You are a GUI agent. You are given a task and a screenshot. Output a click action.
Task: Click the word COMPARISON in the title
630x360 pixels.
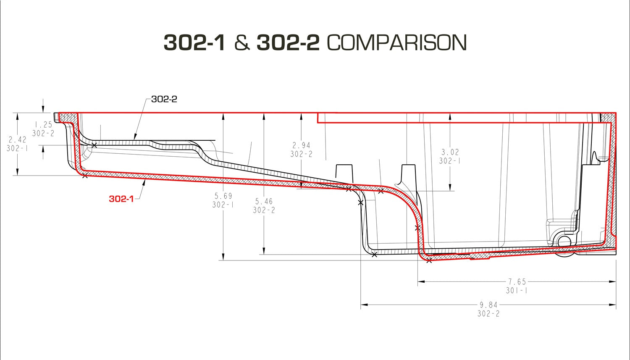click(x=396, y=43)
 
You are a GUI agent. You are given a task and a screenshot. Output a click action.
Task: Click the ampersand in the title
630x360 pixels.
click(x=241, y=43)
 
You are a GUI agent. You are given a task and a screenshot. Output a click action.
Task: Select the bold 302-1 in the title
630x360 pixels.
click(x=194, y=43)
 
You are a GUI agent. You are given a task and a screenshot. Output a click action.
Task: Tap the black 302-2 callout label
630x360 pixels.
click(x=164, y=99)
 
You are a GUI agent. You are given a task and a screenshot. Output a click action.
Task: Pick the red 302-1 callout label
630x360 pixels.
click(x=121, y=199)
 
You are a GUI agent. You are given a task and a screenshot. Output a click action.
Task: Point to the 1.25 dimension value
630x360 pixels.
click(x=43, y=125)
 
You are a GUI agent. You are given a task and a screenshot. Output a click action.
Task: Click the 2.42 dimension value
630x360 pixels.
click(x=17, y=139)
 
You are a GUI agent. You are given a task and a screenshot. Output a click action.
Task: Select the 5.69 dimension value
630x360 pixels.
click(x=223, y=196)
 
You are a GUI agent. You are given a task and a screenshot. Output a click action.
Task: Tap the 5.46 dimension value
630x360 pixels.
click(x=264, y=201)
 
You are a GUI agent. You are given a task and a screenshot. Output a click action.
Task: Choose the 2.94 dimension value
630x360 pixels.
click(x=302, y=145)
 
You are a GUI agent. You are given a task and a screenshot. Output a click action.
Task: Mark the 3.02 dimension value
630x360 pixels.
click(x=450, y=152)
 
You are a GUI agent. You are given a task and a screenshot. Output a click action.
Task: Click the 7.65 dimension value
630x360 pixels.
click(x=517, y=281)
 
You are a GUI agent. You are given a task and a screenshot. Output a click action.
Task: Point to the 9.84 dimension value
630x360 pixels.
click(x=488, y=305)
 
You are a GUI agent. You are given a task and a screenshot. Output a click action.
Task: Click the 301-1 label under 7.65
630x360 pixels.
click(x=517, y=290)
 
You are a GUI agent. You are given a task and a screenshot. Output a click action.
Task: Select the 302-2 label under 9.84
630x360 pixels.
click(x=488, y=314)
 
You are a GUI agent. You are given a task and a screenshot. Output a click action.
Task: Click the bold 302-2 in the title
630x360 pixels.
click(x=288, y=43)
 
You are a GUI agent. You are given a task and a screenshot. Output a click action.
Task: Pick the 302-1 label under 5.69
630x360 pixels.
click(x=223, y=205)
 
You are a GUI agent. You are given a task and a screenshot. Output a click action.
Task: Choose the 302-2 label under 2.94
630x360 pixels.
click(x=302, y=154)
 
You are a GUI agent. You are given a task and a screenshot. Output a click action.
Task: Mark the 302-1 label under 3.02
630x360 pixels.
click(x=450, y=161)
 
